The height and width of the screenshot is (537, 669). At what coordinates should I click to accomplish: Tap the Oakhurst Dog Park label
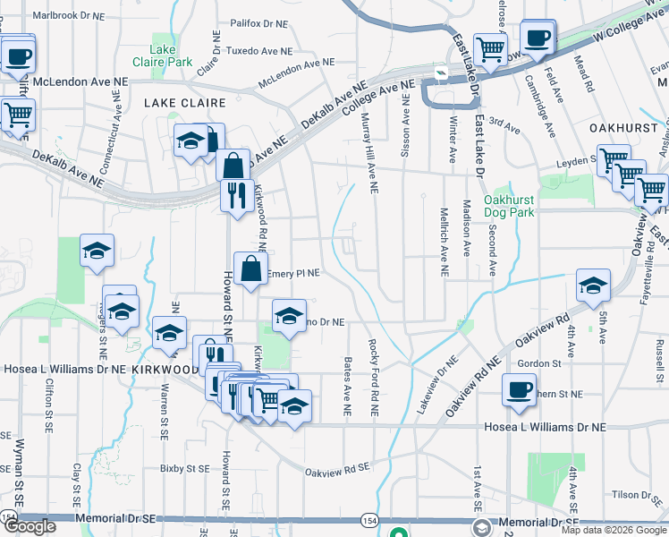click(x=508, y=206)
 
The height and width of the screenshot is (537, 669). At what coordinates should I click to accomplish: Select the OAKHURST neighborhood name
click(x=617, y=128)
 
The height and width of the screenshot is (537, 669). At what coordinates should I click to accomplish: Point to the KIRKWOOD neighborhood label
click(x=165, y=369)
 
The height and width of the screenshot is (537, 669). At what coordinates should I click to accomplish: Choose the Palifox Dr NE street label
click(x=258, y=24)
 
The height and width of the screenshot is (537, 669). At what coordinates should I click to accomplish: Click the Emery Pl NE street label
click(x=293, y=273)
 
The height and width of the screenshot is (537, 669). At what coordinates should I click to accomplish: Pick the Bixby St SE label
click(x=184, y=468)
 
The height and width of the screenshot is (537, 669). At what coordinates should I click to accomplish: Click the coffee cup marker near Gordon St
click(x=519, y=389)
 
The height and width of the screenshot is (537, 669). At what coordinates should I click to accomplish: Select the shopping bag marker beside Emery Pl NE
click(x=250, y=267)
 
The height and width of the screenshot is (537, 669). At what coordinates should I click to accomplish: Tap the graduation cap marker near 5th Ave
click(x=593, y=286)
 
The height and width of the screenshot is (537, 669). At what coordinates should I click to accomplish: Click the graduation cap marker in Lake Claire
click(x=191, y=141)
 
